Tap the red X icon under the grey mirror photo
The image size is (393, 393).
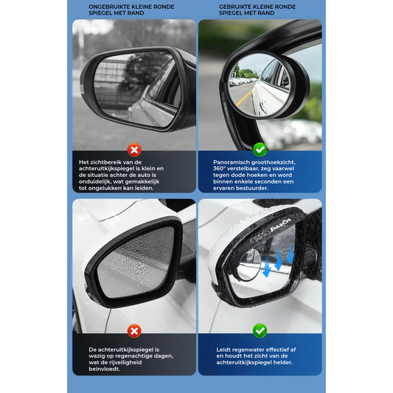click(134, 150)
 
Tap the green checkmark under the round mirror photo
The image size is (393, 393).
click(260, 150)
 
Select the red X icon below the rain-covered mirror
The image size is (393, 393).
click(134, 331)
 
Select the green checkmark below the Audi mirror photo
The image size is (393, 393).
click(260, 330)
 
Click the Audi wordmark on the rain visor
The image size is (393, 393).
click(281, 225)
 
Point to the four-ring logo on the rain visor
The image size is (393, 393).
click(260, 237)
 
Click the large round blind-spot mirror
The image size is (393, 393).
click(260, 86)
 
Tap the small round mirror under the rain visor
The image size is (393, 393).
click(249, 264)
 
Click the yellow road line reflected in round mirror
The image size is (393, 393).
click(243, 97)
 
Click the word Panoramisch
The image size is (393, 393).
click(231, 162)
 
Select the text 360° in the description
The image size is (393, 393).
click(220, 169)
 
